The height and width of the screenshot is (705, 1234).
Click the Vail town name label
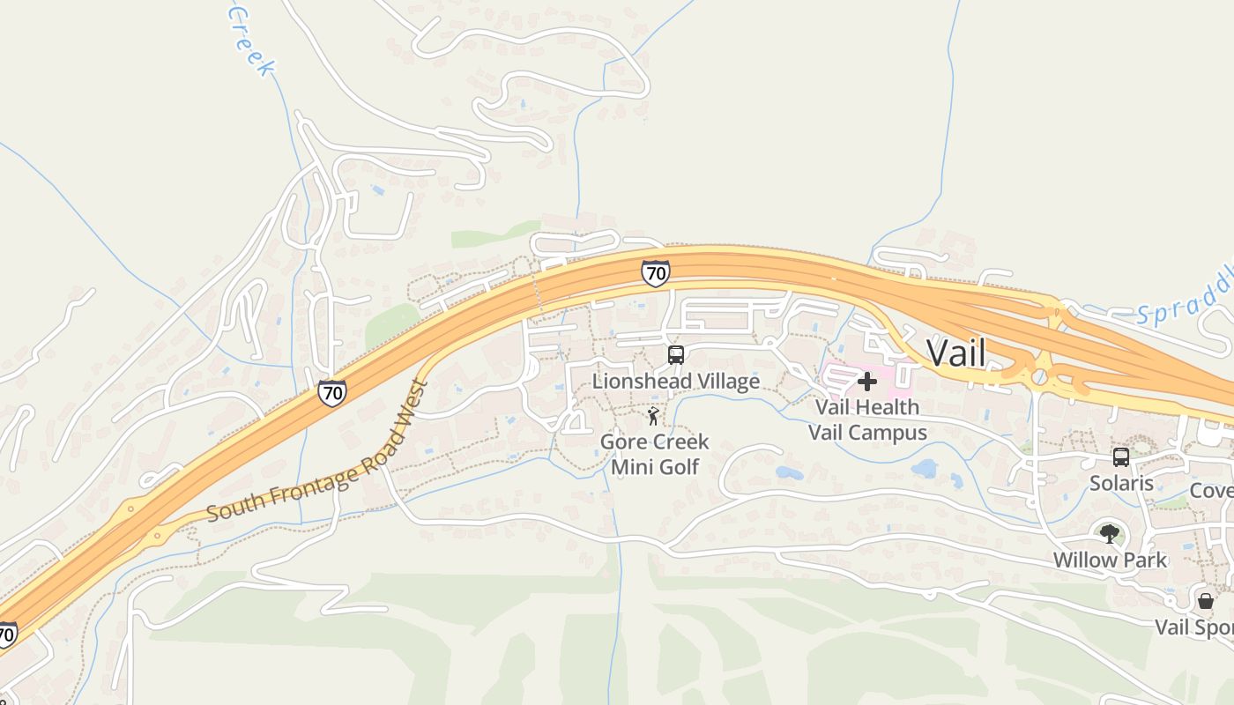click(x=955, y=353)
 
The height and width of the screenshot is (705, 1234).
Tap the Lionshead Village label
click(x=675, y=382)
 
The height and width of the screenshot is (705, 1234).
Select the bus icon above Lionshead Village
click(x=676, y=355)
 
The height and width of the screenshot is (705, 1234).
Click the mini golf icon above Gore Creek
click(x=653, y=415)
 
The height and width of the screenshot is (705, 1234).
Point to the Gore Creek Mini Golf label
click(x=655, y=454)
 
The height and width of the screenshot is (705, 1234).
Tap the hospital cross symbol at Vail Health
click(x=867, y=382)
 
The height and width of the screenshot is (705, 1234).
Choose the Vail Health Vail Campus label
click(x=867, y=419)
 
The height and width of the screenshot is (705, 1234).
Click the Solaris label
click(x=1121, y=483)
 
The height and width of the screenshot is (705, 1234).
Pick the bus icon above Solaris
click(x=1121, y=457)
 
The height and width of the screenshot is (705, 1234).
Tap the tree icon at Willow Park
click(x=1110, y=533)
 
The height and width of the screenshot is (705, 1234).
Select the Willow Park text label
click(x=1110, y=560)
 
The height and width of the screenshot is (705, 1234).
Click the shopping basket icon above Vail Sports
click(x=1205, y=601)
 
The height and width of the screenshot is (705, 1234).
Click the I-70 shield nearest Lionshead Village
click(x=655, y=273)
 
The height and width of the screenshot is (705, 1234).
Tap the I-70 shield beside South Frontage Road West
click(x=332, y=392)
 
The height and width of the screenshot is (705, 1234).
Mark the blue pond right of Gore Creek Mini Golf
click(x=788, y=473)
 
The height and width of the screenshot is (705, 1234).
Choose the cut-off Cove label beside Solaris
click(x=1211, y=490)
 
